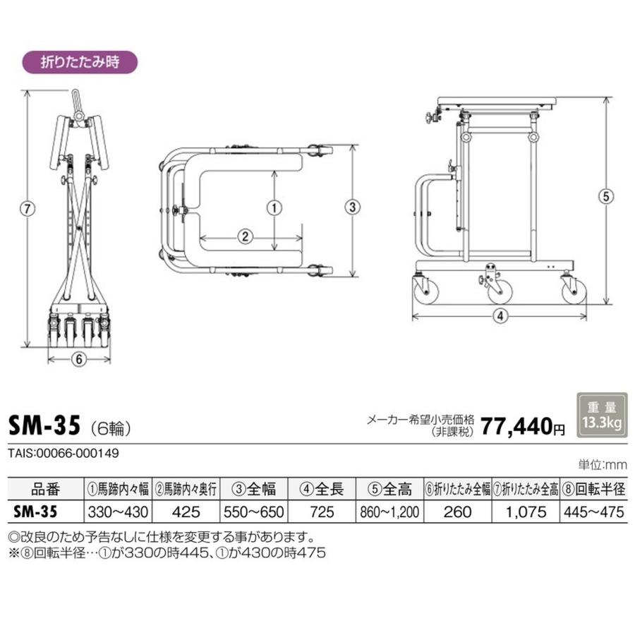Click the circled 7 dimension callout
27,208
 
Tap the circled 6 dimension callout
79,358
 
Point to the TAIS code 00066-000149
63,453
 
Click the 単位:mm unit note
603,465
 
